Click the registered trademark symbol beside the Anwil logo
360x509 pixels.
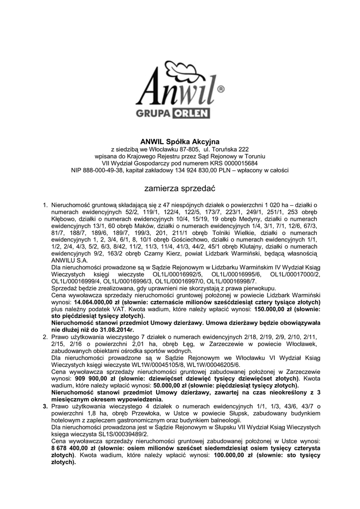[x=221, y=89]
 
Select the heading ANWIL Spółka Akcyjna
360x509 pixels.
[x=180, y=142]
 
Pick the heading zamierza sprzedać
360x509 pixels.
[x=180, y=189]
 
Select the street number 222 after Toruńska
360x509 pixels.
[x=244, y=149]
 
